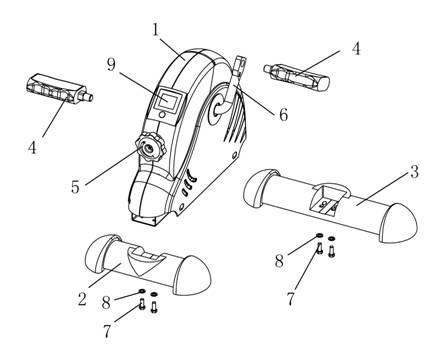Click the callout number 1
[x=156, y=30]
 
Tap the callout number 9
[x=111, y=64]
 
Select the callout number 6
[x=283, y=115]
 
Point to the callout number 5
[x=76, y=187]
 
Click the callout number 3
[x=414, y=172]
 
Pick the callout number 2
[x=82, y=299]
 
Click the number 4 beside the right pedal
[x=356, y=49]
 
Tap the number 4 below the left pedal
[x=32, y=147]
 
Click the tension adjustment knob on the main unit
[x=151, y=147]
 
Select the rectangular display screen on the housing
[x=167, y=100]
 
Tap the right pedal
[x=297, y=75]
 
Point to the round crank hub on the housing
[x=217, y=109]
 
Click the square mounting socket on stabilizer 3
[x=324, y=199]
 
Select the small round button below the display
[x=162, y=115]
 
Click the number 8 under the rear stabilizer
[x=279, y=261]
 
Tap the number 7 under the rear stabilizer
[x=291, y=299]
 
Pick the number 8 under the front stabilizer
[x=106, y=302]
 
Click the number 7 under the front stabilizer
[x=107, y=331]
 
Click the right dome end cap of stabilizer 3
[x=399, y=223]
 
